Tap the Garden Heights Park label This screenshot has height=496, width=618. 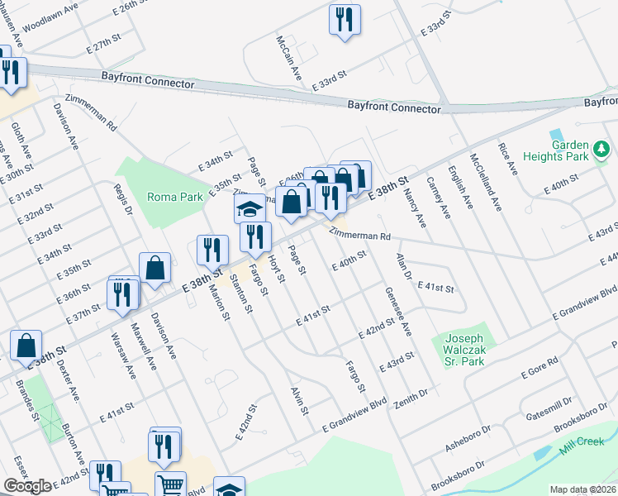tap(571, 150)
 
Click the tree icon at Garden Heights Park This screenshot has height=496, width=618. tap(604, 149)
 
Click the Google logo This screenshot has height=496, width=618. tap(27, 485)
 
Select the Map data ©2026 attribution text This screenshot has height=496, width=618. tap(582, 489)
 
